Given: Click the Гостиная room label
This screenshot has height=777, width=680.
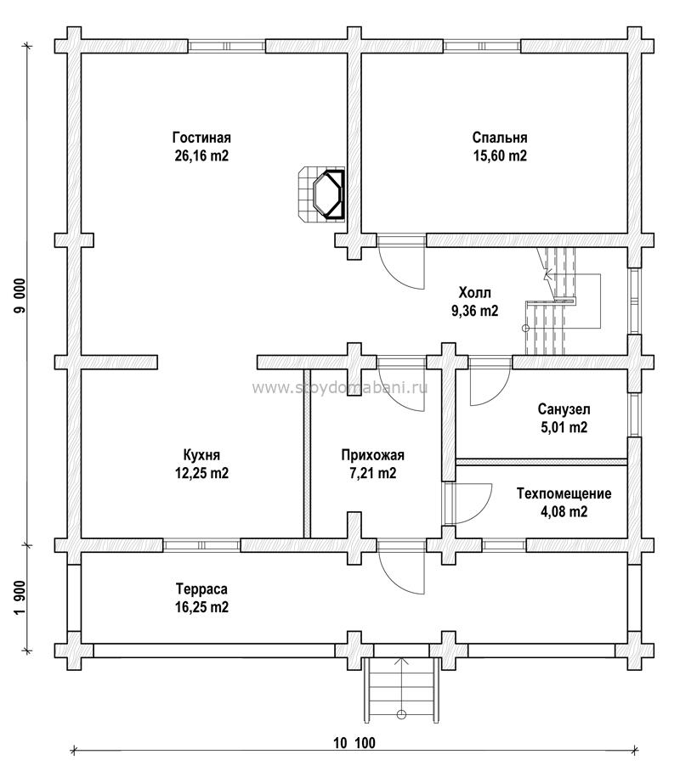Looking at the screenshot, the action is pos(201,138).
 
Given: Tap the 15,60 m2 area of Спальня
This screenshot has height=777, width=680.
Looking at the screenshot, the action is pos(500,155).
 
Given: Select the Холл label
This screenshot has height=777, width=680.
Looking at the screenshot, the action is pos(474,292).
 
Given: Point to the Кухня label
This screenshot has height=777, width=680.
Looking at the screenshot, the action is pos(201,455).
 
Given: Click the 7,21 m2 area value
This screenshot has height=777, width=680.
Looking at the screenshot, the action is pos(372,473).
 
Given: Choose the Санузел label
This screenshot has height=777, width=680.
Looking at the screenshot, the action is pos(564,410).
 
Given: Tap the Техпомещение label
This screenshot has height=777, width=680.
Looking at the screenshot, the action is pos(564,493).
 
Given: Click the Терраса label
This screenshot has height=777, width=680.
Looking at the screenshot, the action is pos(201,589).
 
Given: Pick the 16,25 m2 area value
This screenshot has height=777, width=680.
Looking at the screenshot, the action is pos(201,607).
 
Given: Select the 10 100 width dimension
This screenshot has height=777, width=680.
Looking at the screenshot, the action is pos(354,743).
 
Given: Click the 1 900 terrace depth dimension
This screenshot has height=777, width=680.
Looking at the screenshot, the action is pos(20,598).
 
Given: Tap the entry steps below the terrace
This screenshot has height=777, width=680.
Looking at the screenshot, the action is pos(401,690).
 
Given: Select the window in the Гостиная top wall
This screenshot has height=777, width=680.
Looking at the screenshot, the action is pos(227,46).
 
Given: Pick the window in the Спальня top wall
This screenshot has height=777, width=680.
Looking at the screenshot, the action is pos(482,46).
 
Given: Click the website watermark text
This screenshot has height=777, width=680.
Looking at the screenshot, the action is pos(340,387).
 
